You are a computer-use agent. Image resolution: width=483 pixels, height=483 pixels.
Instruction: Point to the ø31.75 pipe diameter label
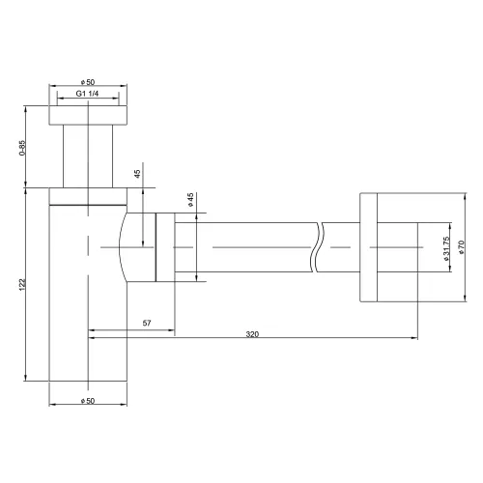[445, 253]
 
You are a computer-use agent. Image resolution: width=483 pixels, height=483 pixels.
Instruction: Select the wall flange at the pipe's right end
[379, 248]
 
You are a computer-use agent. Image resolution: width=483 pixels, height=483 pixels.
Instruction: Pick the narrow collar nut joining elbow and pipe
[164, 248]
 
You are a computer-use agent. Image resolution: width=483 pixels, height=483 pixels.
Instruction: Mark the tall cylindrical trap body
[88, 309]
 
